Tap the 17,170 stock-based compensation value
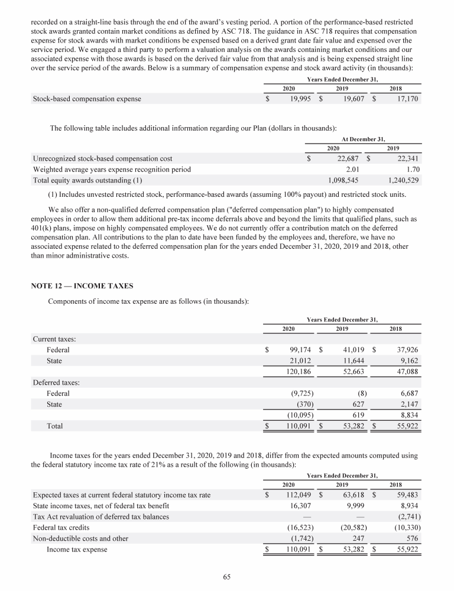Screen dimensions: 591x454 click(x=407, y=99)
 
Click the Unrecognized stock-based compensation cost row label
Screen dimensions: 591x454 click(x=102, y=158)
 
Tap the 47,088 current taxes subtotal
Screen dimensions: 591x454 click(x=407, y=371)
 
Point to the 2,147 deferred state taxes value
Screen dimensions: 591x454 click(x=408, y=404)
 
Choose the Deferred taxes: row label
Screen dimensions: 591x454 click(x=56, y=382)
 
